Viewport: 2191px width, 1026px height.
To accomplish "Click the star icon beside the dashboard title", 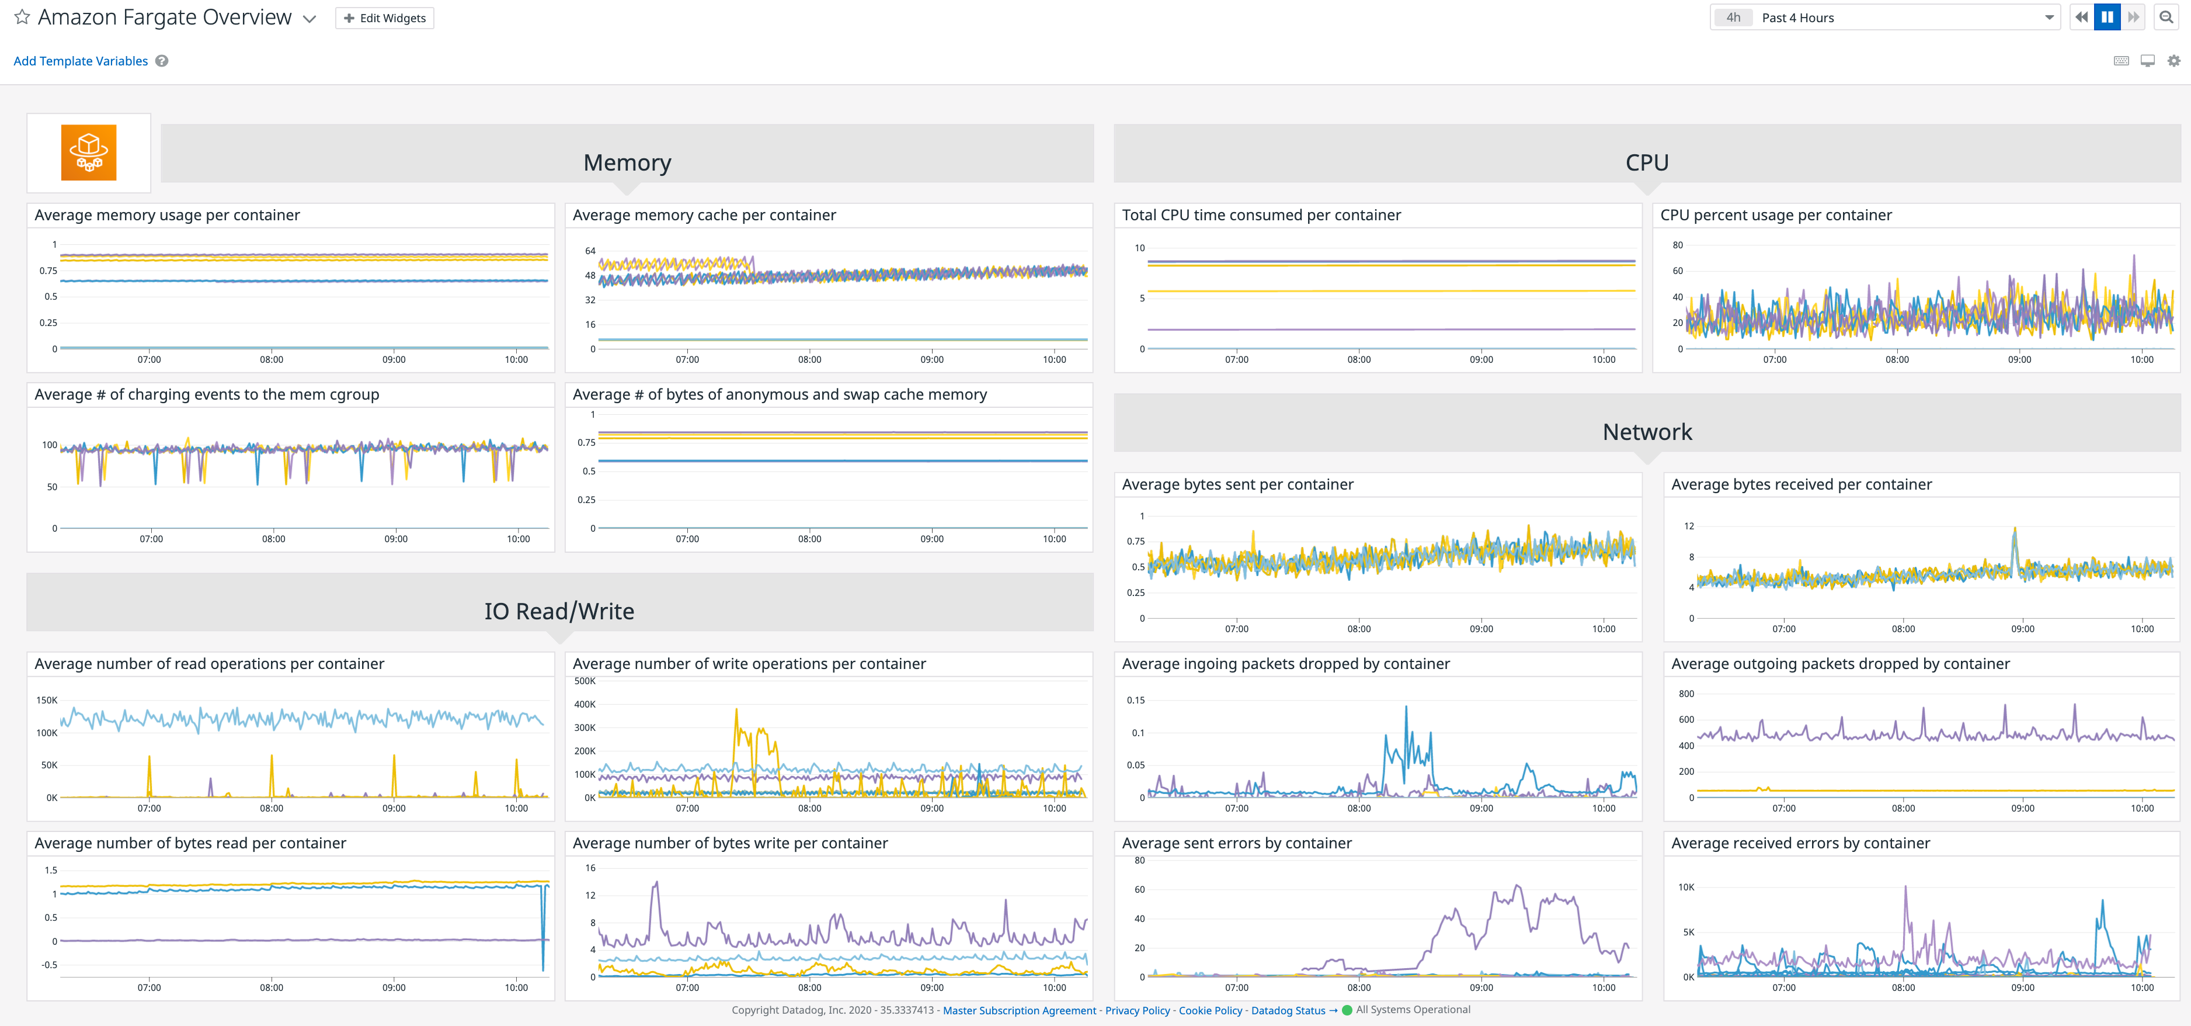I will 22,17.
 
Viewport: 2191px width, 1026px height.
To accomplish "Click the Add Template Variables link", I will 81,61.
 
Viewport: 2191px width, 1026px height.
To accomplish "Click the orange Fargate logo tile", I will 88,153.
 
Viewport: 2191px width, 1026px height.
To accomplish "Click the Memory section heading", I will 627,162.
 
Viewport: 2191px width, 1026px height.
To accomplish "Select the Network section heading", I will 1647,432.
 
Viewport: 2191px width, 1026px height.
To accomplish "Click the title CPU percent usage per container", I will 1776,215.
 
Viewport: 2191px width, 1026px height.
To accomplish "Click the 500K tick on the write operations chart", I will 585,681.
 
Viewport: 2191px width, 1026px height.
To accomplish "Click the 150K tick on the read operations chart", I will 47,700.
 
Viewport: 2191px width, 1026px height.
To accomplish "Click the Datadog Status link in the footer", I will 1288,1011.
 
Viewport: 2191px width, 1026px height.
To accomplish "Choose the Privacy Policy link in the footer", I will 1137,1011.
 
